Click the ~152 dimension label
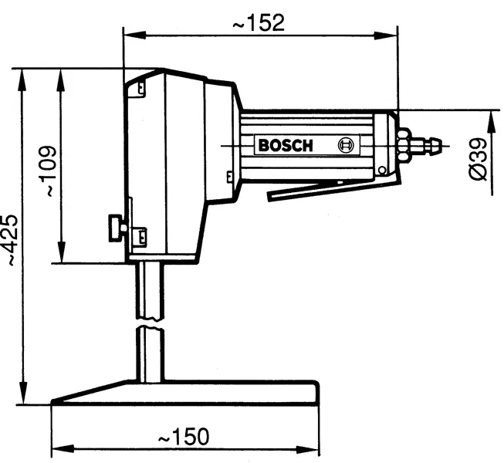[x=259, y=22]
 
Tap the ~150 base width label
[x=183, y=437]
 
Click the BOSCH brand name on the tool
[x=285, y=145]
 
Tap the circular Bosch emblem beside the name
[x=347, y=144]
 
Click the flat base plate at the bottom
[x=185, y=393]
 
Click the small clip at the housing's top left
[x=140, y=88]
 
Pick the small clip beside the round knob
[x=140, y=232]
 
